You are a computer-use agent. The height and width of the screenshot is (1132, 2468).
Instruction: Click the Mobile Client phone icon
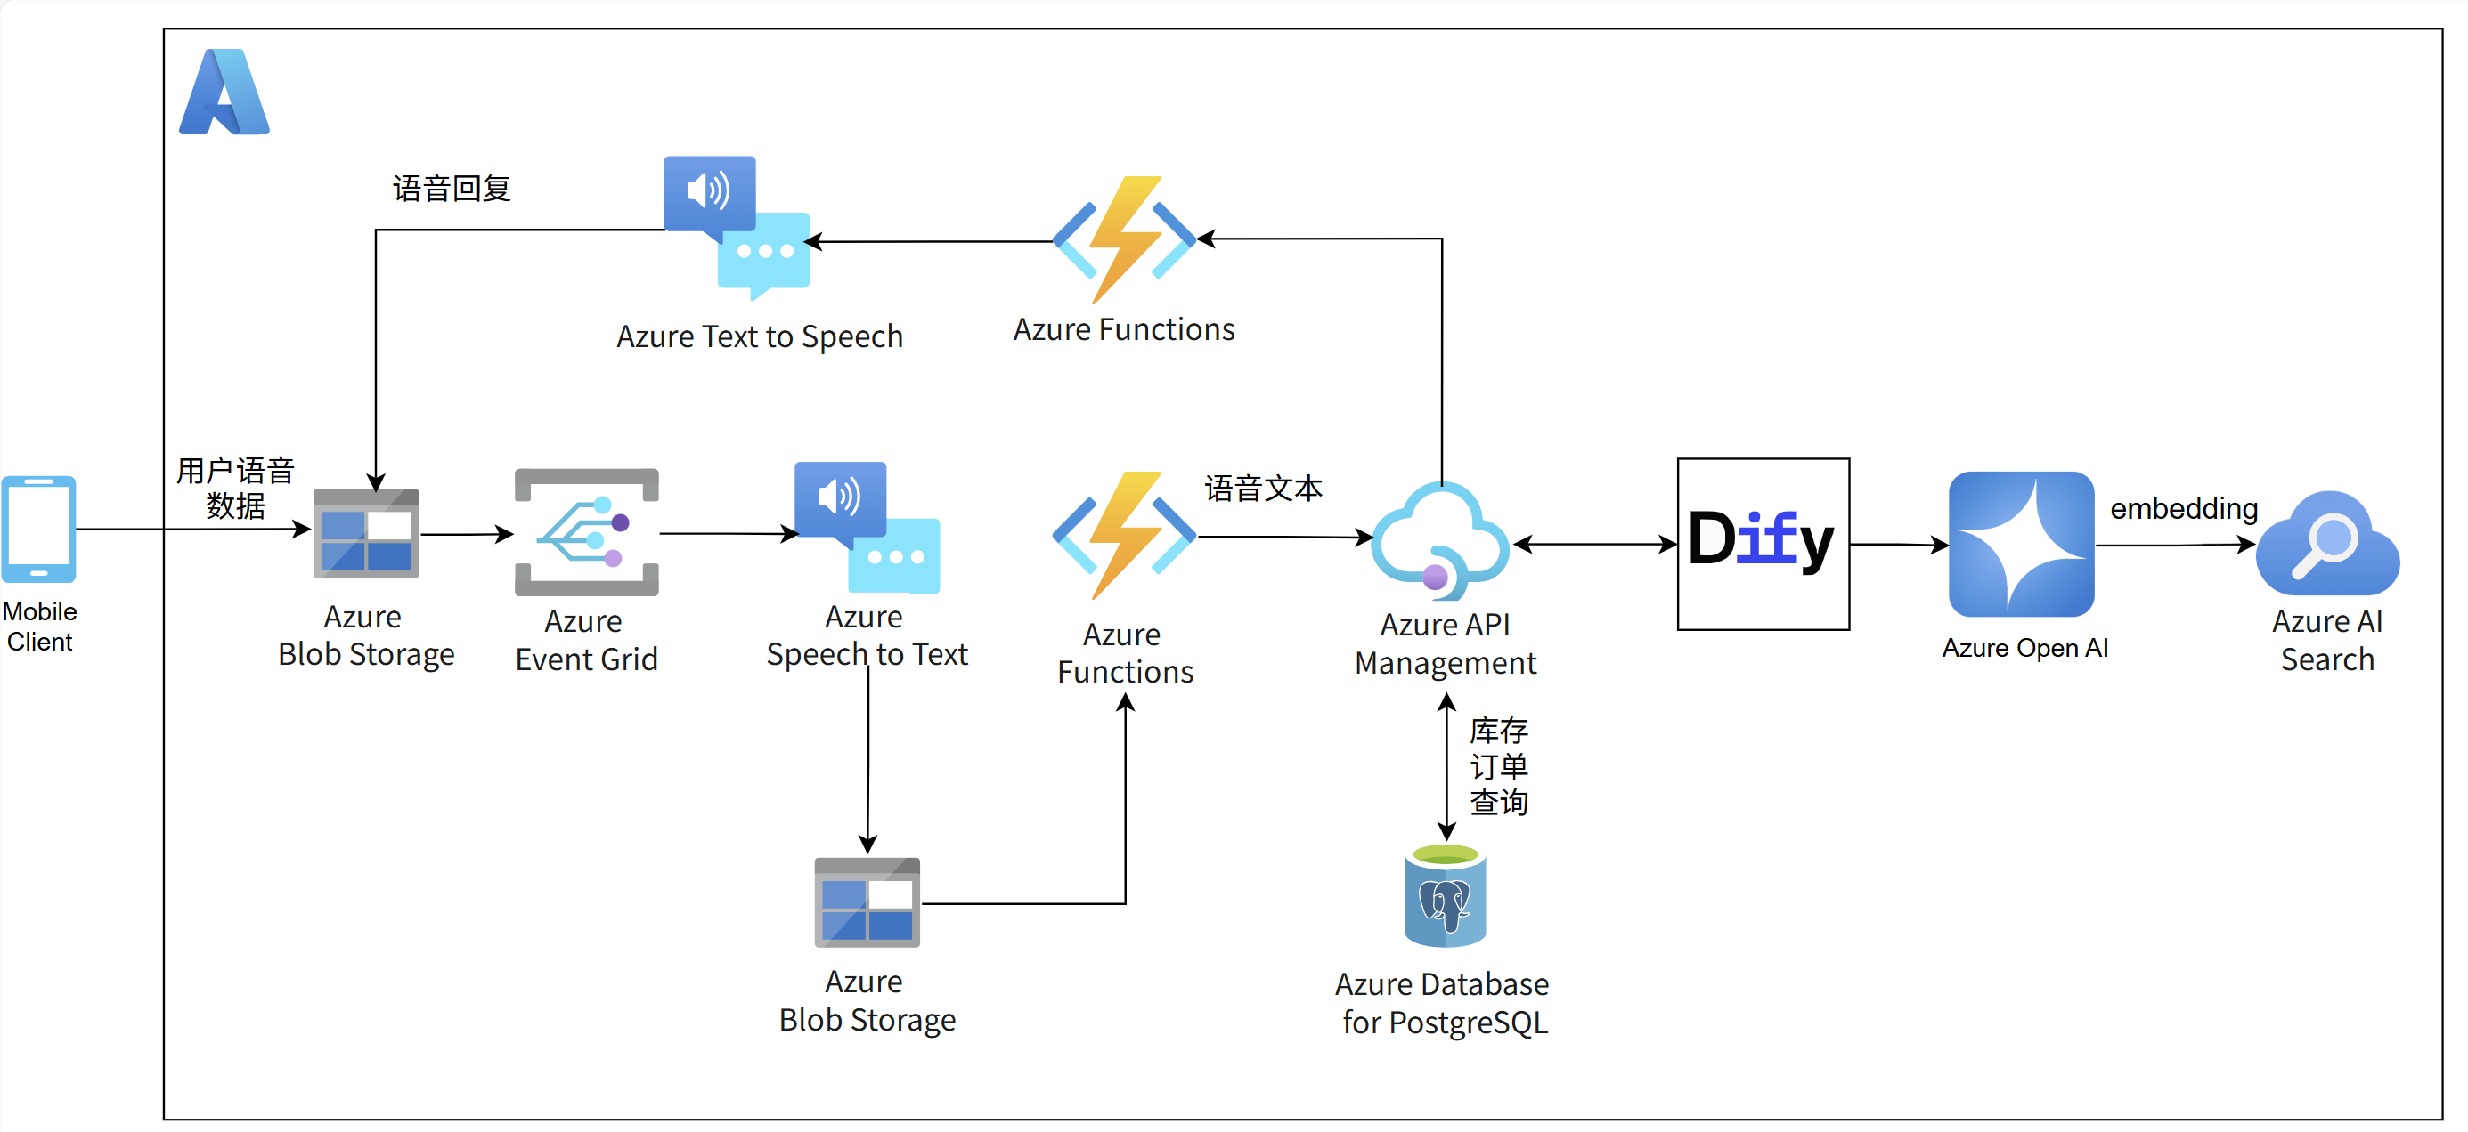38,529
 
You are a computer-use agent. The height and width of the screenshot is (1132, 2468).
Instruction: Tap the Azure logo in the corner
224,92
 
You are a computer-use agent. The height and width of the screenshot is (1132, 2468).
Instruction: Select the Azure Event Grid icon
586,532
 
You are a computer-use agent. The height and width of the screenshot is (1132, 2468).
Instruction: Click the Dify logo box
1763,543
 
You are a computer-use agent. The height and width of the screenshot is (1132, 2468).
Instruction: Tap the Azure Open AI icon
2021,543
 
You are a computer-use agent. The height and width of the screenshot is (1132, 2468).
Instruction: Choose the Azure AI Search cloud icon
2327,544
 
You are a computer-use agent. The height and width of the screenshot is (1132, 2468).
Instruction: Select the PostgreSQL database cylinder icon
1445,896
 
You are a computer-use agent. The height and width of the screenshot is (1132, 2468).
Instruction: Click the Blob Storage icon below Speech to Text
867,902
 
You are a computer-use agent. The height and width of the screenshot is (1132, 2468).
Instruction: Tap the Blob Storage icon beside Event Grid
366,533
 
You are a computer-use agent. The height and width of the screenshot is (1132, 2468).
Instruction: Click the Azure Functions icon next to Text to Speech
1124,239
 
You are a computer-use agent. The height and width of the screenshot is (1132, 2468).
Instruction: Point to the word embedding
2184,508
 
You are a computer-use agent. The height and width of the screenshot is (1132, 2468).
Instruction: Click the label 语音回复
452,189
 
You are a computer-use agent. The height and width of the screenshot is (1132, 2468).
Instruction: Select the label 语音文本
1263,489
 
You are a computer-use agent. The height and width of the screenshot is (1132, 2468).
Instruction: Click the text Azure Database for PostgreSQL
1443,1003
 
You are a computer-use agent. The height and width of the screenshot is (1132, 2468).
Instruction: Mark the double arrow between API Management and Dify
1595,544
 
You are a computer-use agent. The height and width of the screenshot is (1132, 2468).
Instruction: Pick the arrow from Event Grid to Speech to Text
729,533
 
